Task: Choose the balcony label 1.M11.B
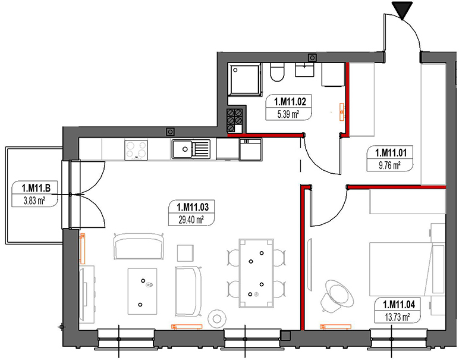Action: coord(35,190)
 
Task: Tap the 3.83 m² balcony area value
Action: coord(35,201)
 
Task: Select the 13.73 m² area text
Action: coord(398,318)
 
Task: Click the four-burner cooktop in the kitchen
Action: coord(136,149)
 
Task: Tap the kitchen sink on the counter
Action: coord(190,149)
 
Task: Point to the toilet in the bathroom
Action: coord(276,73)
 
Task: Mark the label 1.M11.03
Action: coord(191,207)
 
